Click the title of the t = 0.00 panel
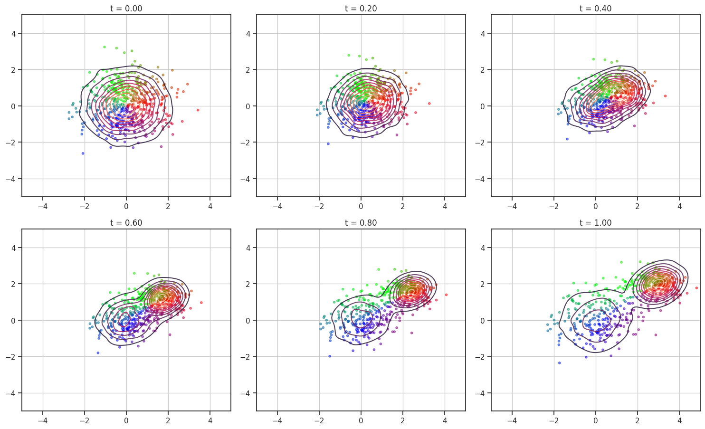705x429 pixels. click(x=126, y=9)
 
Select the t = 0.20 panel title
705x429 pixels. click(x=361, y=9)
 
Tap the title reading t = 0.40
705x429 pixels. click(x=595, y=9)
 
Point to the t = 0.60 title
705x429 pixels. click(x=126, y=223)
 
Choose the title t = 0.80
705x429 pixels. click(x=361, y=223)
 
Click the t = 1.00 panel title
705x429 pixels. click(x=595, y=223)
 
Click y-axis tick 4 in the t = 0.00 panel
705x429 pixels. click(x=13, y=34)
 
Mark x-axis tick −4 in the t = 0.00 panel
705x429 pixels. click(x=43, y=206)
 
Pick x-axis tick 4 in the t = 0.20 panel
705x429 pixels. click(x=445, y=206)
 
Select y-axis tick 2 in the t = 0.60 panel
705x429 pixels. click(x=13, y=284)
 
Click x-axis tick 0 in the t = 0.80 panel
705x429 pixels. click(x=361, y=420)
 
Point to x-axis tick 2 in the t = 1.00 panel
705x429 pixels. click(x=638, y=420)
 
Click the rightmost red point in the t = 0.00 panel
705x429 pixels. click(x=198, y=110)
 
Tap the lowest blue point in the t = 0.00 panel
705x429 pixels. click(x=83, y=153)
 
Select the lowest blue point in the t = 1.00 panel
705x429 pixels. click(x=559, y=363)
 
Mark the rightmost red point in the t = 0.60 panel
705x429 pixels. click(x=201, y=303)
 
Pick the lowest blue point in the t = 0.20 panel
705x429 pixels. click(x=328, y=143)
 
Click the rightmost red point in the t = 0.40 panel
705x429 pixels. click(x=665, y=96)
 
